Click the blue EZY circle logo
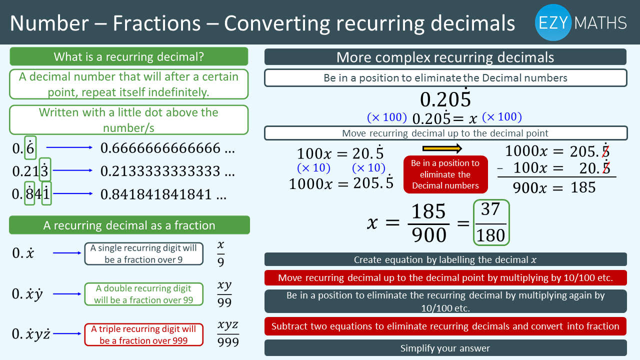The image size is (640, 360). (x=553, y=22)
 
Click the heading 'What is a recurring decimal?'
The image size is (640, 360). (x=129, y=56)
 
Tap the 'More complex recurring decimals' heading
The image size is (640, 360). (x=445, y=57)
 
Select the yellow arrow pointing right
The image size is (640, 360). (x=442, y=148)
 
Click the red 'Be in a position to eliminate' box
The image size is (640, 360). (x=445, y=174)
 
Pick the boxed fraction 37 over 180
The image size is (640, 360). (x=491, y=222)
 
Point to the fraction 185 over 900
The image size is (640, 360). (x=428, y=222)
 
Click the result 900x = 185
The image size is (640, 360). (x=554, y=187)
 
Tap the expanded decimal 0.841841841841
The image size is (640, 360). (x=163, y=194)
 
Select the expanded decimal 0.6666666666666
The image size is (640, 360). (x=167, y=148)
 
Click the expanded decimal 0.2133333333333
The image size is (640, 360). (x=167, y=171)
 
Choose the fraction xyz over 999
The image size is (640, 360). (x=228, y=333)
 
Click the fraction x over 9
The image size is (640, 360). (x=221, y=253)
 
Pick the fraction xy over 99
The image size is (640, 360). (x=224, y=293)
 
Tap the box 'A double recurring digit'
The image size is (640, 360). (x=143, y=294)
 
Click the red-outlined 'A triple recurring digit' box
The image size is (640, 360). (x=143, y=334)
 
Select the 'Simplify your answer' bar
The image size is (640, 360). (x=445, y=348)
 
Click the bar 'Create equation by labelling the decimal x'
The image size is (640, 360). (x=445, y=259)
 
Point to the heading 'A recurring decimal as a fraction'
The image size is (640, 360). (x=129, y=225)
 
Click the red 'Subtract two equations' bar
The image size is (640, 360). (x=445, y=326)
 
